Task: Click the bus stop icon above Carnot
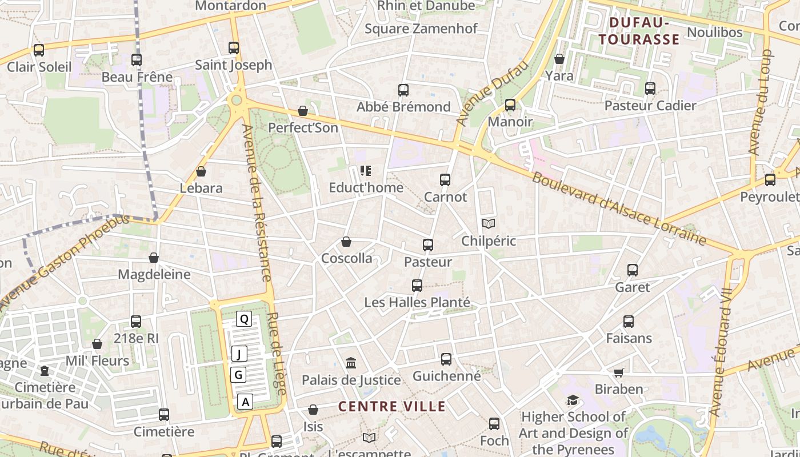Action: coord(445,180)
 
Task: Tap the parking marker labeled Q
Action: coord(244,319)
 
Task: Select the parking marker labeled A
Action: coord(246,402)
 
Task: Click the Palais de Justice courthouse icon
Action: coord(351,363)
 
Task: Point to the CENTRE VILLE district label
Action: coord(391,406)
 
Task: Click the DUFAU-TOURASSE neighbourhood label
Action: coord(644,31)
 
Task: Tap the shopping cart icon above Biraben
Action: coord(618,372)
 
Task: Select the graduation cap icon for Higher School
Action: coord(573,400)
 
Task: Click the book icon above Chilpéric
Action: coord(488,223)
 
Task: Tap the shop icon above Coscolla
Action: coord(346,242)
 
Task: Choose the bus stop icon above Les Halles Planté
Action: coord(417,286)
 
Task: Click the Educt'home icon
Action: coord(366,171)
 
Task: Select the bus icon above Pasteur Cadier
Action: coord(650,89)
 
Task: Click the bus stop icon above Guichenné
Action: coord(446,359)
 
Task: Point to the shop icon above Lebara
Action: coord(201,171)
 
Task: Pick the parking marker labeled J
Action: coord(239,354)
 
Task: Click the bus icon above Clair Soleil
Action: coord(39,50)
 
